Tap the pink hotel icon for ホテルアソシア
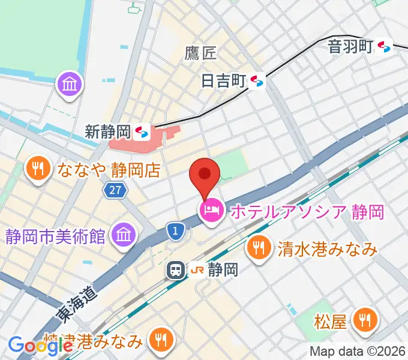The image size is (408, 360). [x=211, y=211]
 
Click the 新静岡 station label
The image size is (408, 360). [x=108, y=131]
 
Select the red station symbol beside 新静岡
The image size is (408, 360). [x=142, y=131]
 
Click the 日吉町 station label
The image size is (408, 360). [x=224, y=80]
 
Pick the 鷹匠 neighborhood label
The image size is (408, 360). [x=200, y=53]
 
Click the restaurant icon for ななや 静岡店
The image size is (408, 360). [x=39, y=169]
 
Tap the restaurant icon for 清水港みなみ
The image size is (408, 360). [x=259, y=248]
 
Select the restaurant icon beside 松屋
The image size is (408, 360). [x=364, y=322]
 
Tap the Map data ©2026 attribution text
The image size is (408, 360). [x=357, y=352]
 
